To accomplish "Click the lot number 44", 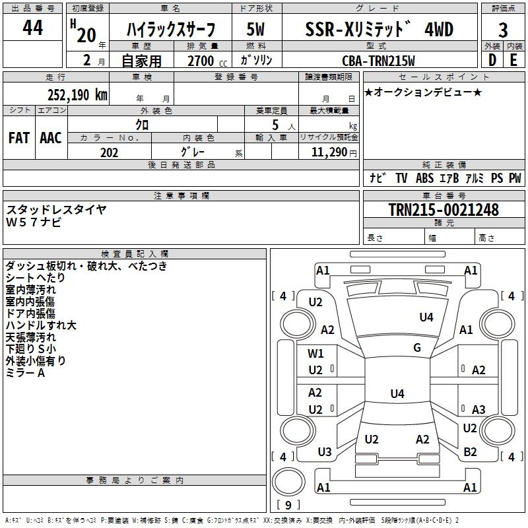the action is click(32, 28).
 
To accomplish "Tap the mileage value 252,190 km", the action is click(77, 95).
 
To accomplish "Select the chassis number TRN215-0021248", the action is click(444, 209).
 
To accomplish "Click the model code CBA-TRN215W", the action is click(378, 61).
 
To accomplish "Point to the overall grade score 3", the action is click(503, 30).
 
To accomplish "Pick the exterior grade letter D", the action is click(492, 60).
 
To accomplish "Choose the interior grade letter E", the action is click(513, 60).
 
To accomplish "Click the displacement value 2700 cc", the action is click(207, 61).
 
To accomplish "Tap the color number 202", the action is click(109, 152).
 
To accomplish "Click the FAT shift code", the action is click(19, 138).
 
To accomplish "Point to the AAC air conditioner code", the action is click(51, 138).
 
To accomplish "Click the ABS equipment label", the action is click(424, 178).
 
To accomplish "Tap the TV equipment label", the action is click(401, 178).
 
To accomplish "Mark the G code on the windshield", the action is click(417, 347).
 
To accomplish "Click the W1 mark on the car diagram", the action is click(315, 353).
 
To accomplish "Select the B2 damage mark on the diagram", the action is click(470, 451).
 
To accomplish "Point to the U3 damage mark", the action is click(325, 451).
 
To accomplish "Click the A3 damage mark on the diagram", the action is click(478, 409).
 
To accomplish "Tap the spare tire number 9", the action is click(288, 505).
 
